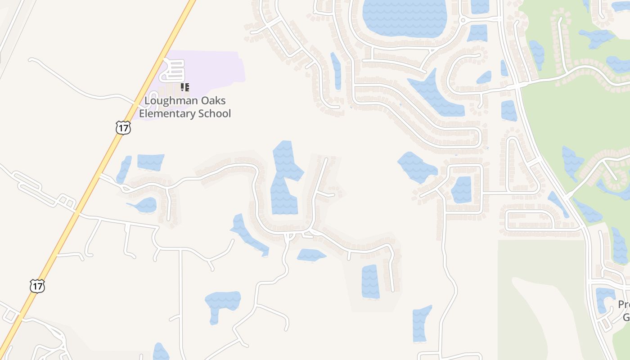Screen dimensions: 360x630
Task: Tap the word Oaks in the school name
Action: [x=212, y=100]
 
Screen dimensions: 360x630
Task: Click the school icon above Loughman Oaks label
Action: [x=185, y=87]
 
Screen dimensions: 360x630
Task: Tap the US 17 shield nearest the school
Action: [x=123, y=127]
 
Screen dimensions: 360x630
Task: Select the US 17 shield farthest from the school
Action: [x=37, y=286]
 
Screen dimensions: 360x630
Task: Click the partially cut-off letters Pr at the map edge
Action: [x=624, y=305]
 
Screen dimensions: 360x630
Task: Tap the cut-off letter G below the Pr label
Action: [x=626, y=317]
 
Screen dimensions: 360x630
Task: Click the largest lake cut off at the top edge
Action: [x=405, y=18]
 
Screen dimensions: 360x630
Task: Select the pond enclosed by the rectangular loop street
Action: [x=461, y=189]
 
